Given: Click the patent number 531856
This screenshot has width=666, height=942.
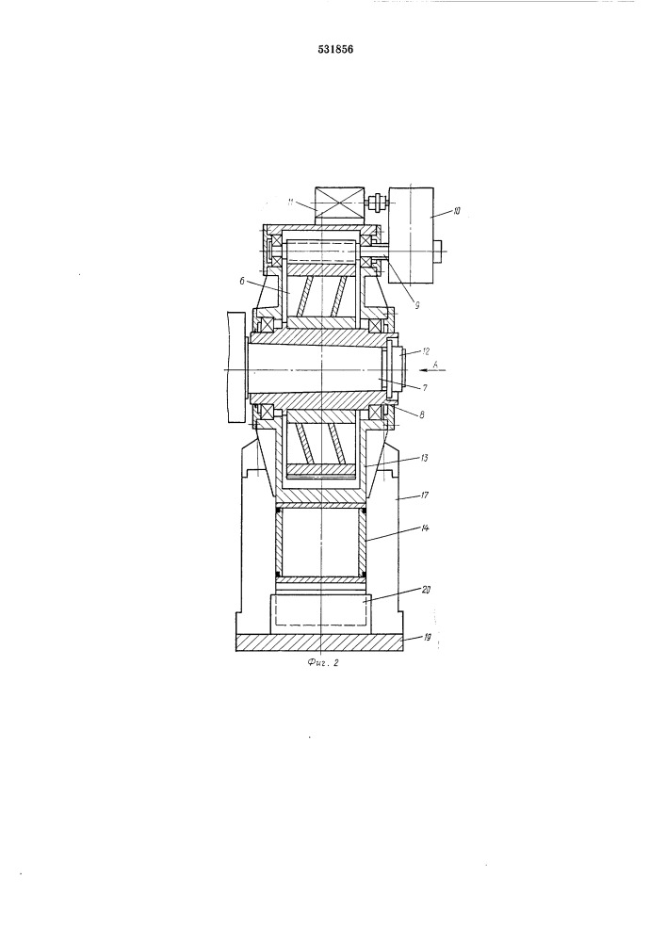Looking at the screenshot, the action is (x=335, y=50).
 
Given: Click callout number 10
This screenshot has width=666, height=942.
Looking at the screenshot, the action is (x=457, y=211).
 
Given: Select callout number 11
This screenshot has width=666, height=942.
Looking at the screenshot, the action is (x=291, y=203).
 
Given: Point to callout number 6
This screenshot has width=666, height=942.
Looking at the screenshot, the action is (x=241, y=281).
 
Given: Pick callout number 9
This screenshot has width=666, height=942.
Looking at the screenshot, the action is (x=416, y=304).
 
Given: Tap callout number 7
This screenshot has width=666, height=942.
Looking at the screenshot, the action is (x=424, y=388).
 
